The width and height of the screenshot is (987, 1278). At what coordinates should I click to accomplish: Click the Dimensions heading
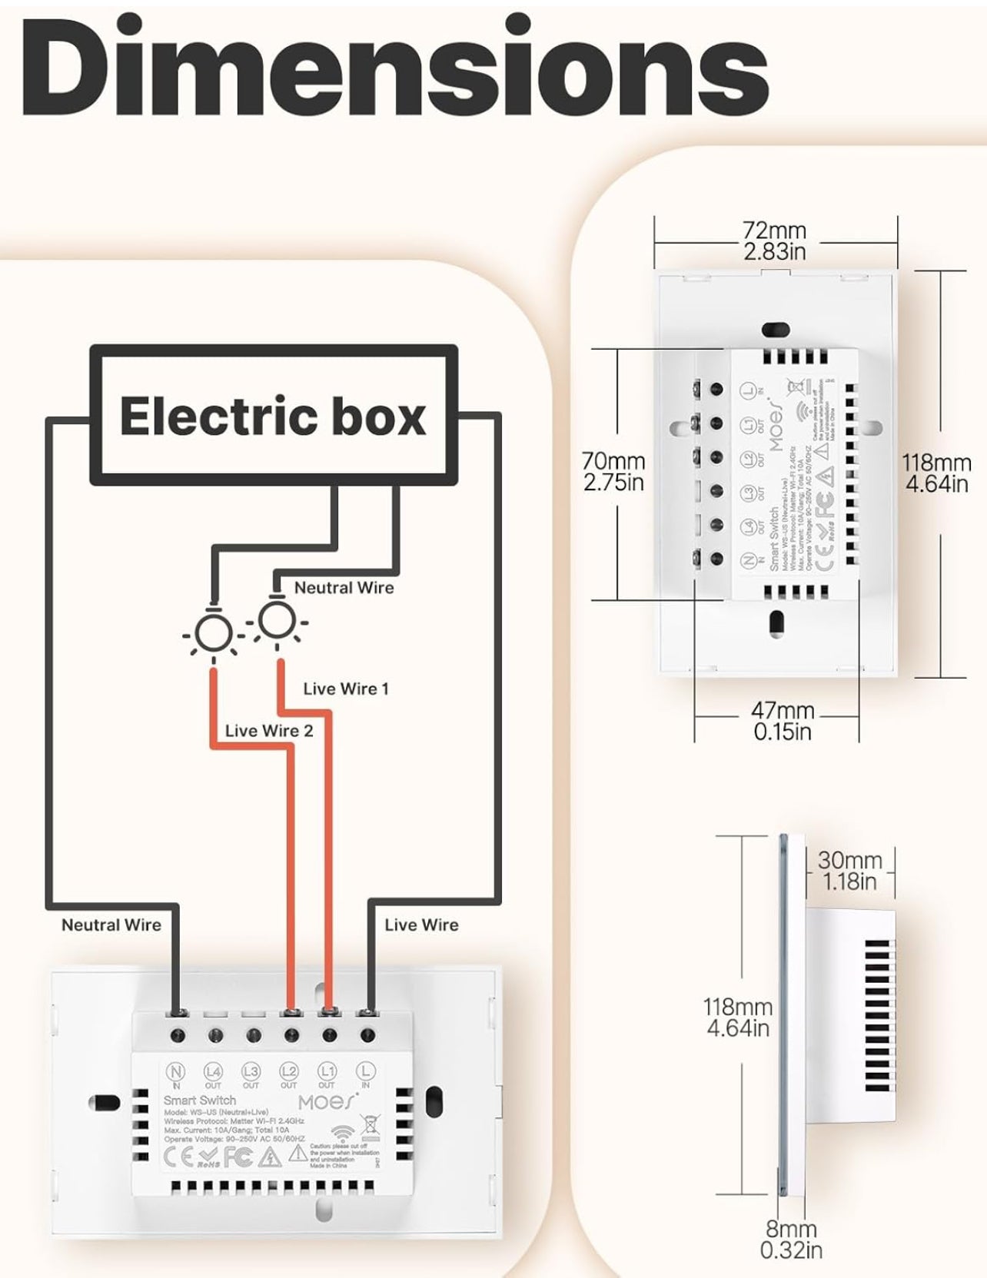coord(394,68)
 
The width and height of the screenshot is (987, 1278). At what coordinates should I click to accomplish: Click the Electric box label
coord(273,416)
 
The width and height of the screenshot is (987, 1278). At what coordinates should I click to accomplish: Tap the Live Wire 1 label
coord(345,689)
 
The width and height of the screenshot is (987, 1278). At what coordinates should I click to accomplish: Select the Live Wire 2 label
coord(269,731)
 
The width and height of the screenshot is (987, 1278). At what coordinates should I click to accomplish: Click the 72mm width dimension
coord(775,241)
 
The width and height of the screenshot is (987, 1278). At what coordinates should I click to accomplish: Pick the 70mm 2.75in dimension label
coord(613,471)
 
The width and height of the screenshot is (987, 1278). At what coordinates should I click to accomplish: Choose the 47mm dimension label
coord(783,721)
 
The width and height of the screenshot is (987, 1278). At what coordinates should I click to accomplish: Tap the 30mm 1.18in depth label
coord(849,871)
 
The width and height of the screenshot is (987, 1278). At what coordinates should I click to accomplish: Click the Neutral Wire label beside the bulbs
coord(344,588)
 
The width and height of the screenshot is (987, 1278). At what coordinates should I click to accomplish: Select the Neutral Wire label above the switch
coord(111,924)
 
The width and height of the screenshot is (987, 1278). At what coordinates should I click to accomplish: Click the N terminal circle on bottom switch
coord(176,1071)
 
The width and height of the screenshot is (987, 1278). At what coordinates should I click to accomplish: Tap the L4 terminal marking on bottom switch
coord(213,1071)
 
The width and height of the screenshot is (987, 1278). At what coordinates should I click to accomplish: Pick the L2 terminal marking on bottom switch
coord(288,1071)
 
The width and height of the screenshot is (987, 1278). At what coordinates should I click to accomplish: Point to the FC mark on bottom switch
coord(239,1157)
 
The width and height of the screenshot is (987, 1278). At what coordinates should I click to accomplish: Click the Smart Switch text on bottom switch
coord(200,1100)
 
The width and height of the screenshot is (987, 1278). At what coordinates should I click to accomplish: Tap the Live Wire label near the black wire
coord(421,924)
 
